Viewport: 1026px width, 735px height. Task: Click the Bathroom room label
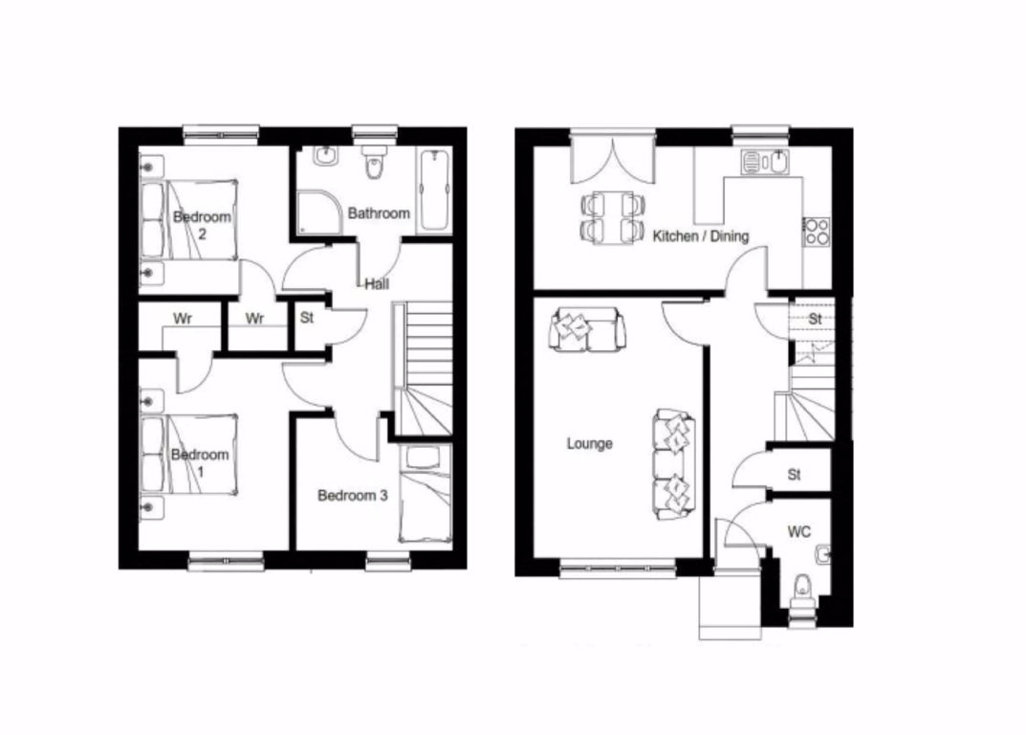(379, 213)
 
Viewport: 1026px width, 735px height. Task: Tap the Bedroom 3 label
(352, 496)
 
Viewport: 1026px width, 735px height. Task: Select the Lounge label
(589, 443)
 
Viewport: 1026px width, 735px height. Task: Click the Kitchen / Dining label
(701, 235)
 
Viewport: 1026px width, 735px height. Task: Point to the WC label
(799, 531)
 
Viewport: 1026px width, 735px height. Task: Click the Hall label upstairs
(376, 284)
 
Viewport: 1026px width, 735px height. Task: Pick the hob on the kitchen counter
(817, 231)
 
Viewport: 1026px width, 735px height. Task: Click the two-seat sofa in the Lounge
(587, 331)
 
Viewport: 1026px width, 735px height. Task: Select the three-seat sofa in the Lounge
(673, 465)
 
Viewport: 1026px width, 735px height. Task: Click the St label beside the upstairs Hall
(307, 318)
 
